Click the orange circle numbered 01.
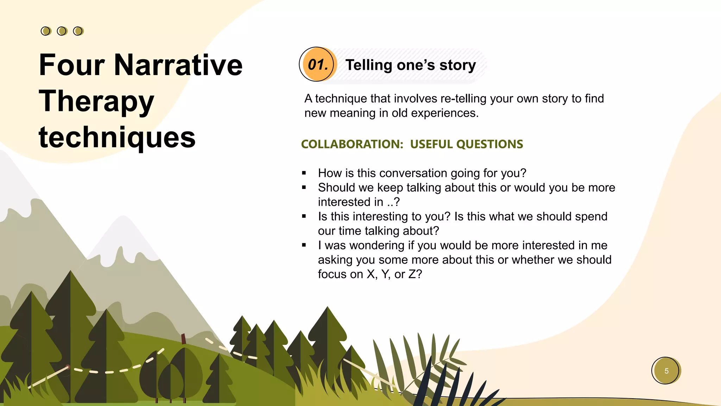click(x=318, y=64)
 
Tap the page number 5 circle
click(x=666, y=371)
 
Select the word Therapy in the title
click(x=96, y=101)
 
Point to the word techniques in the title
click(x=117, y=137)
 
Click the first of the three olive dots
click(x=46, y=31)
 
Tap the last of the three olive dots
click(x=78, y=31)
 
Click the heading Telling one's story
click(x=410, y=65)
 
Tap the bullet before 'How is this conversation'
click(x=304, y=173)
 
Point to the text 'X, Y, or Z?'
click(x=394, y=274)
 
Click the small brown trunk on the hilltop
click(x=183, y=339)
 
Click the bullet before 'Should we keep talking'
click(x=304, y=187)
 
